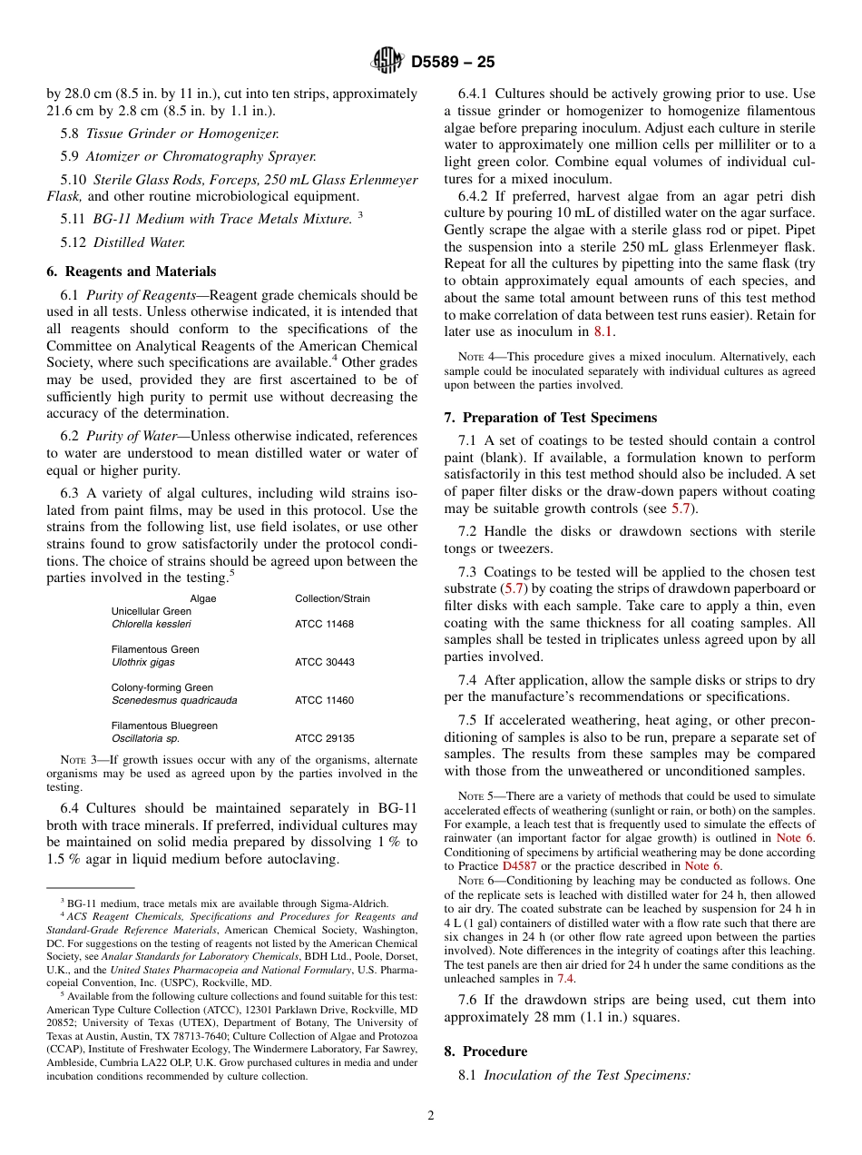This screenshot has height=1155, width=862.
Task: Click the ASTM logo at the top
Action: tap(387, 62)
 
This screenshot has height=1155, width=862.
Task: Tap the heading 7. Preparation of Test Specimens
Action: tap(550, 418)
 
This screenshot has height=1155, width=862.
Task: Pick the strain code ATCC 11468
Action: tap(324, 625)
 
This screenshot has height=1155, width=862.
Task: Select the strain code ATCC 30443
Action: tap(324, 663)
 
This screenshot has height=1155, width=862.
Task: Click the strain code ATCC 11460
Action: tap(324, 701)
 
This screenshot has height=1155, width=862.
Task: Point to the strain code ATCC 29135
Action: tap(324, 739)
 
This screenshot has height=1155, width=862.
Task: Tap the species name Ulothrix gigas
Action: tap(142, 663)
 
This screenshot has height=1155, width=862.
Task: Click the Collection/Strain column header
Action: tap(332, 598)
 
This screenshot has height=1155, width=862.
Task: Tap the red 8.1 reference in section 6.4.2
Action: tap(603, 331)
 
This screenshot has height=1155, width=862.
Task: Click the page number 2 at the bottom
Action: tap(431, 1116)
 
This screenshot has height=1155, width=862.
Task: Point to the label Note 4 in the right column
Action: tap(475, 358)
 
